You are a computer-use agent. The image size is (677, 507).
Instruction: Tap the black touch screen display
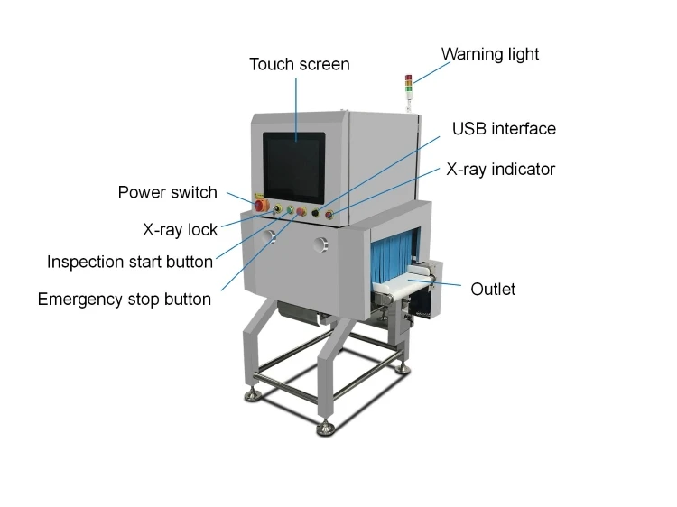[x=293, y=166]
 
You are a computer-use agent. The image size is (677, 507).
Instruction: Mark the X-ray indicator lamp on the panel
[x=329, y=216]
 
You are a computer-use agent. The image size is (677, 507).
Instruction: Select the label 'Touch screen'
[x=299, y=64]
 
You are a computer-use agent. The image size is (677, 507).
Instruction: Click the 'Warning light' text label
[x=490, y=54]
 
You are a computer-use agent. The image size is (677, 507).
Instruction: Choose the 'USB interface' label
[x=504, y=128]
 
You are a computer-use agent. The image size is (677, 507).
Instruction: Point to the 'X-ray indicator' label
[x=501, y=169]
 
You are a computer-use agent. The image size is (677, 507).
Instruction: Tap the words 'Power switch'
[x=168, y=192]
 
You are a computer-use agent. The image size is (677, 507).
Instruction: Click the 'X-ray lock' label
[x=180, y=229]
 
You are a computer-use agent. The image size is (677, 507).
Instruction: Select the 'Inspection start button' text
[x=130, y=262]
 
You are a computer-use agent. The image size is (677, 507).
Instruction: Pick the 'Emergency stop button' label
[x=125, y=299]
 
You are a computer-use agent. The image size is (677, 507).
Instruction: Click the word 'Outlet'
[x=493, y=289]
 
